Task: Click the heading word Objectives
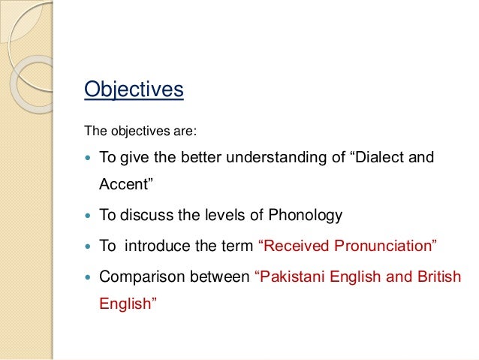point(134,89)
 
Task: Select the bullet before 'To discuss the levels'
point(89,216)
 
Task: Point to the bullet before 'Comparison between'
point(89,277)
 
